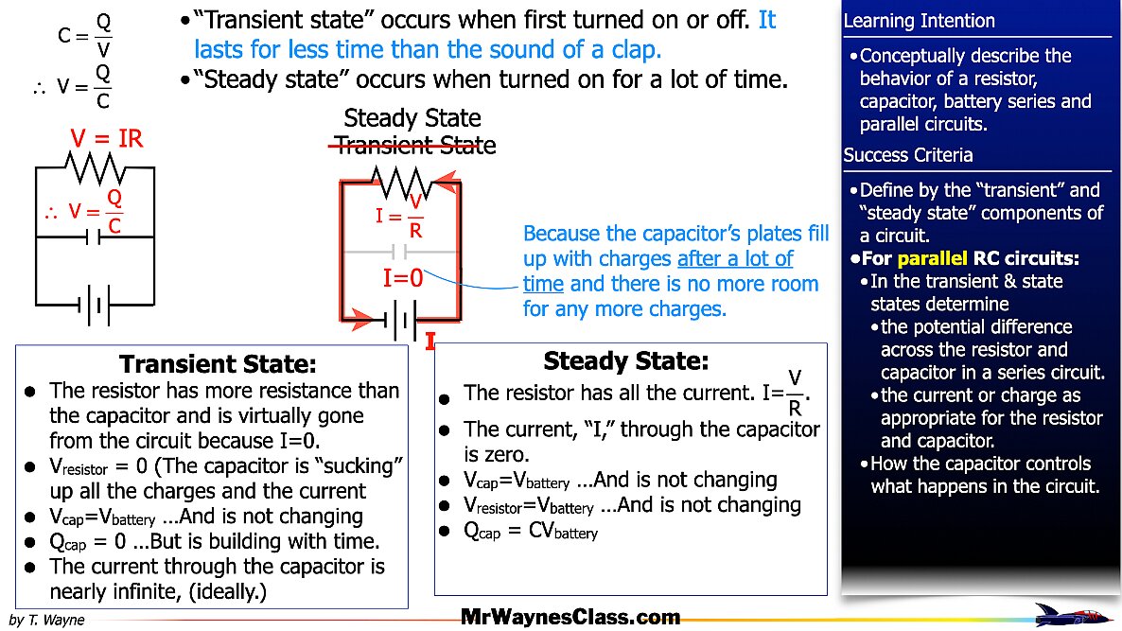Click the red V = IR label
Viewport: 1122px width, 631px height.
(106, 139)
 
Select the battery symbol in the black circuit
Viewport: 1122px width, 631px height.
(94, 305)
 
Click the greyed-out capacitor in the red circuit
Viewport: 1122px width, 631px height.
(399, 252)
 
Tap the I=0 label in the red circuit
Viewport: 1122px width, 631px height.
(402, 278)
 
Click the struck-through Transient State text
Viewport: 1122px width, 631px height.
(413, 145)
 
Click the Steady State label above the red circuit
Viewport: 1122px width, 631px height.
(412, 118)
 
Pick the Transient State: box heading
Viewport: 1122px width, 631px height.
(218, 364)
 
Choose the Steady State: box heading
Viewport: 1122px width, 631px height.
(625, 360)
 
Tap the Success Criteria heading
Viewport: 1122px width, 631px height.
(907, 155)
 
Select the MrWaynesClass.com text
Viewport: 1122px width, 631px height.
(570, 618)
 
